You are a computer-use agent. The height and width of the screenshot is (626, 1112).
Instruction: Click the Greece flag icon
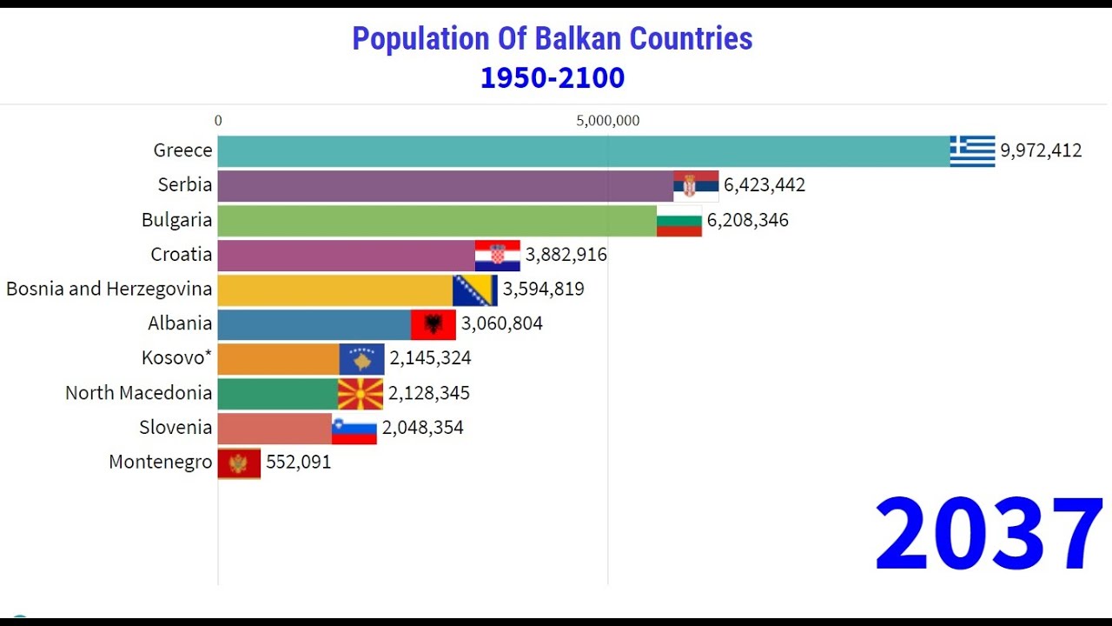(x=972, y=151)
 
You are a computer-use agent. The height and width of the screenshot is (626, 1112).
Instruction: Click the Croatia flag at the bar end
(x=498, y=256)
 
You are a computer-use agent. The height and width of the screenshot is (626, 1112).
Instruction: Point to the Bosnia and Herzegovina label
(x=109, y=289)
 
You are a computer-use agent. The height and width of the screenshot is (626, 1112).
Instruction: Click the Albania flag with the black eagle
(x=434, y=324)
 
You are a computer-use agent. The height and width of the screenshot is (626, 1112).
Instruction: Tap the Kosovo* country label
(x=177, y=358)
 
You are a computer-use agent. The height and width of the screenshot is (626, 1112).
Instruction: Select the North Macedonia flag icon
(x=361, y=394)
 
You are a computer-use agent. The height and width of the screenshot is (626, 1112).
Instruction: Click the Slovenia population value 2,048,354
(x=422, y=428)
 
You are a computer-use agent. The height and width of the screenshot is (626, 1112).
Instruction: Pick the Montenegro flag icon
(x=239, y=463)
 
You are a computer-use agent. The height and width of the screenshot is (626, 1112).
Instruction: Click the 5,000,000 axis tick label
(x=608, y=121)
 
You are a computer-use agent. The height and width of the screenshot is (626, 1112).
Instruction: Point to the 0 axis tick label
(x=218, y=121)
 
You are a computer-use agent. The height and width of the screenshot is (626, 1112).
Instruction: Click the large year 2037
(x=989, y=534)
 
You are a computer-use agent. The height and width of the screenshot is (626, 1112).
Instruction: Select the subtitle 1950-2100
(x=553, y=78)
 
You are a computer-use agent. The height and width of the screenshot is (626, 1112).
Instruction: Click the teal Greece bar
(x=582, y=151)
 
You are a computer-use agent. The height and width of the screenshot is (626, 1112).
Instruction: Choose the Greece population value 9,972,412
(x=1041, y=151)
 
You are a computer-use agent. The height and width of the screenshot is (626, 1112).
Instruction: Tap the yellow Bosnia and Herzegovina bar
(x=334, y=290)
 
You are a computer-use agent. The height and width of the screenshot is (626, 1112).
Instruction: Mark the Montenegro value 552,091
(x=299, y=463)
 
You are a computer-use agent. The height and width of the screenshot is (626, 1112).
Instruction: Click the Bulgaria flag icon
(x=679, y=221)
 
